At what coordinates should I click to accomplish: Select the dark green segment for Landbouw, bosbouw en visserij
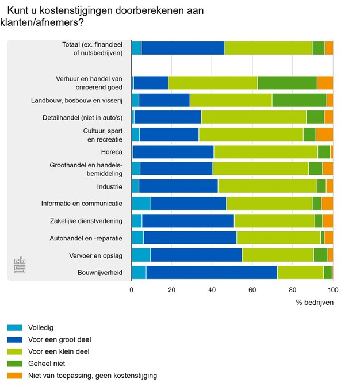click(x=299, y=100)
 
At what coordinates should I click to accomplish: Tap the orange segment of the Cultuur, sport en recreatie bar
click(x=324, y=135)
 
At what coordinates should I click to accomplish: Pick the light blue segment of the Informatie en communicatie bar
click(x=141, y=203)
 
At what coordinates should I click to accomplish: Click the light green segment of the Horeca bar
click(x=266, y=152)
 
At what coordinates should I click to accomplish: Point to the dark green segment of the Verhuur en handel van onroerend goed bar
click(x=287, y=82)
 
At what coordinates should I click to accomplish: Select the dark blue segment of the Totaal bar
click(x=183, y=48)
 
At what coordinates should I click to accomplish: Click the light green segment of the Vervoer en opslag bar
click(x=277, y=255)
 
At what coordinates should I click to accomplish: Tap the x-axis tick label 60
click(x=252, y=290)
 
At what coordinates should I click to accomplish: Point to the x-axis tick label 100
click(x=333, y=290)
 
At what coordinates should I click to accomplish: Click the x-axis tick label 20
click(x=171, y=290)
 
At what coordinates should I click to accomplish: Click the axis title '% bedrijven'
click(x=315, y=303)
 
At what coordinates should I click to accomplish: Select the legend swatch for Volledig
click(x=14, y=328)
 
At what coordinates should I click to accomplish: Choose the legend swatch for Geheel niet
click(x=14, y=364)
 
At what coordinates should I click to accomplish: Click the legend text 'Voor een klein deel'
click(x=59, y=351)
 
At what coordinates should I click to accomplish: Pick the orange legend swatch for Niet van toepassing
click(x=14, y=376)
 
